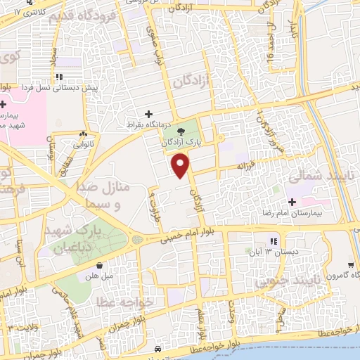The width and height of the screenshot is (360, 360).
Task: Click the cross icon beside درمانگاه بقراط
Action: [148, 114]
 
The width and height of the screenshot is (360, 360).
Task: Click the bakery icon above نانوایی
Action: [84, 134]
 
